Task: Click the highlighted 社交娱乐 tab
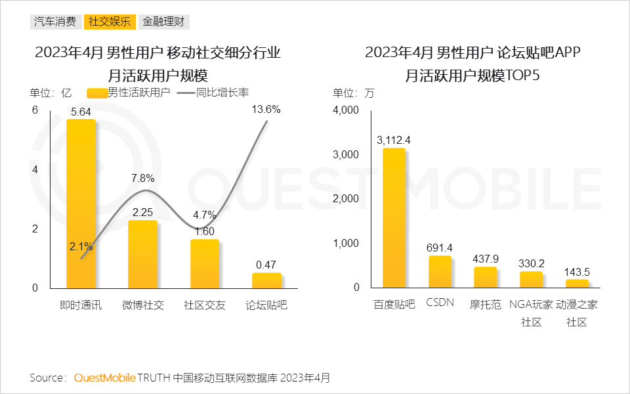[110, 22]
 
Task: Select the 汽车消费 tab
[56, 22]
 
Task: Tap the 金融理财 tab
[164, 22]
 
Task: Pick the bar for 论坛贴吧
[266, 280]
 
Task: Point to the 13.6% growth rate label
[266, 110]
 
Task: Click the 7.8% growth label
[142, 178]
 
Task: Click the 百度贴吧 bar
[394, 218]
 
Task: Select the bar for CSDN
[440, 272]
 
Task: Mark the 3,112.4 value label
[394, 140]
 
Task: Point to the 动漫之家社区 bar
[577, 284]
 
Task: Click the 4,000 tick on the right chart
[346, 110]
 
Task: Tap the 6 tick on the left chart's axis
[35, 110]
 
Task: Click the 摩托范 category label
[485, 305]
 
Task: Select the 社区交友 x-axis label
[204, 305]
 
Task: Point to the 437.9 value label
[486, 259]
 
